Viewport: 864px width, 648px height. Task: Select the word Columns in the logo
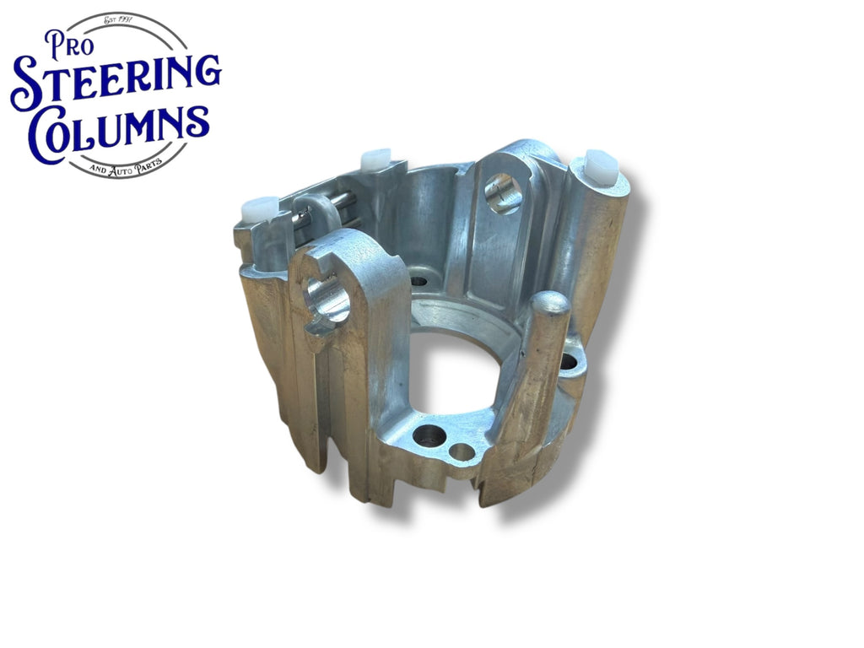pos(119,131)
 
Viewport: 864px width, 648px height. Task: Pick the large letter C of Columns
pos(51,134)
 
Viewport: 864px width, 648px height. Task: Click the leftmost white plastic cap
pos(259,209)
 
